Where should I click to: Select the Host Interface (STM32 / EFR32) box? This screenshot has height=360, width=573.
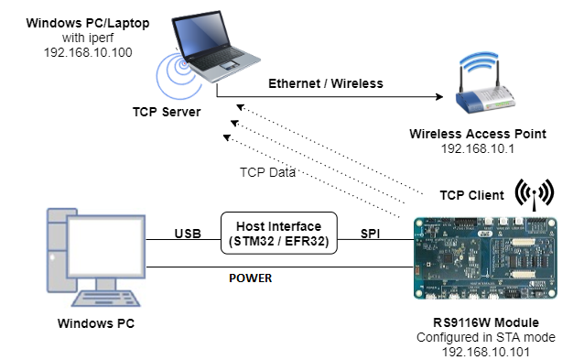pos(278,234)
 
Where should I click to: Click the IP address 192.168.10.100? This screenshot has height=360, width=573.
pos(88,52)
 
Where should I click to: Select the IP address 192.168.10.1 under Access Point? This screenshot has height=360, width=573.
pos(478,147)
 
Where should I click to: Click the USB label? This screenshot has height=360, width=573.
pos(188,234)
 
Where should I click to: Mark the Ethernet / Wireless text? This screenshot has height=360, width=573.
pos(325,83)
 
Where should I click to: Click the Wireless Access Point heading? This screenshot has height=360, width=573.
pos(478,134)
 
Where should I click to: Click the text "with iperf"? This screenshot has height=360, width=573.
pos(88,38)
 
